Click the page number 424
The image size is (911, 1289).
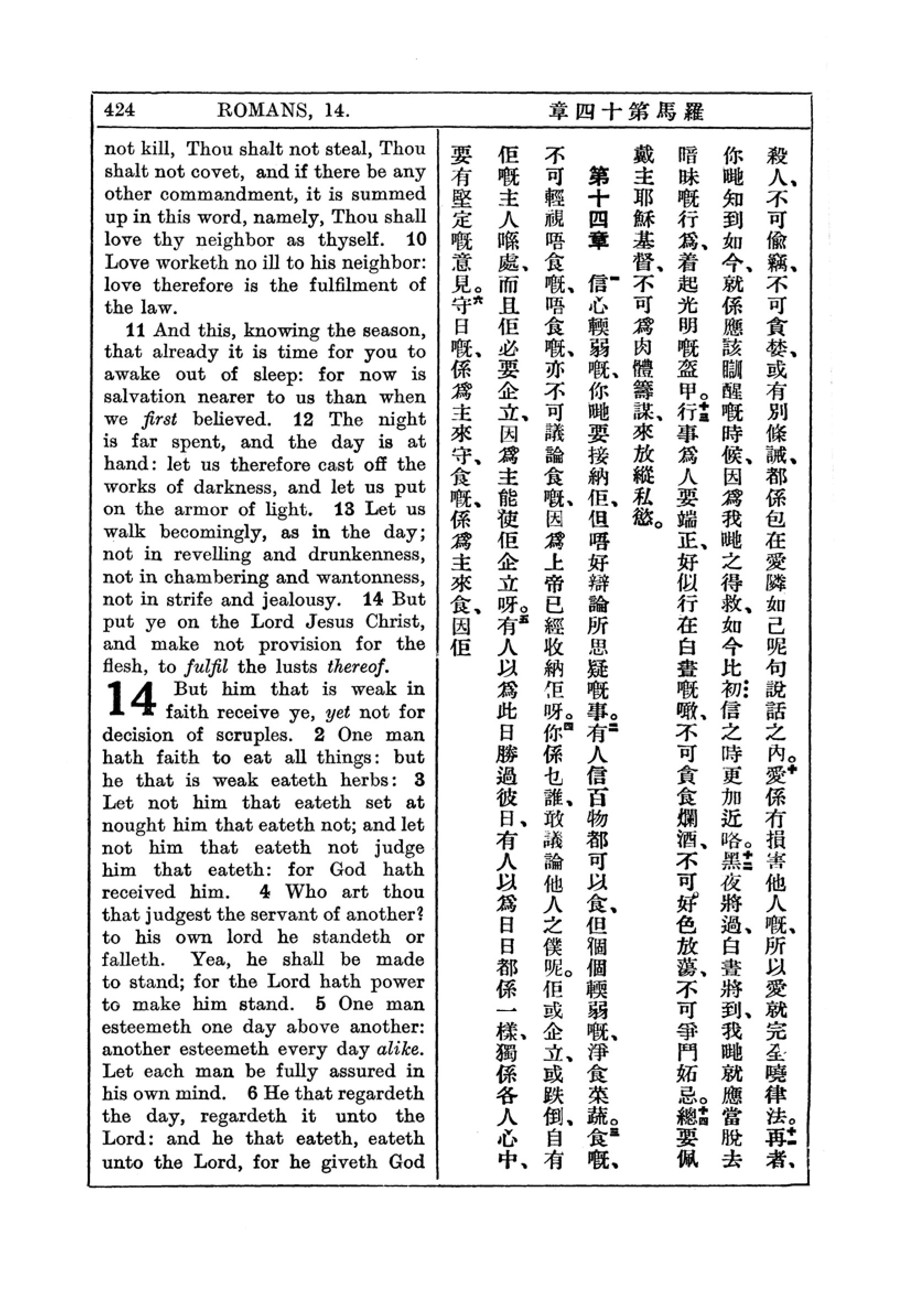pyautogui.click(x=120, y=110)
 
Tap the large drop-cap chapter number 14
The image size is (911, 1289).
pyautogui.click(x=131, y=699)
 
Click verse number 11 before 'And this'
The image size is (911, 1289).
pyautogui.click(x=136, y=330)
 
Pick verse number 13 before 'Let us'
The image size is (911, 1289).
pyautogui.click(x=344, y=509)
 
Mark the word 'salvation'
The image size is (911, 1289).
pyautogui.click(x=144, y=397)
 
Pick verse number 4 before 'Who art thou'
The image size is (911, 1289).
pyautogui.click(x=265, y=892)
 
